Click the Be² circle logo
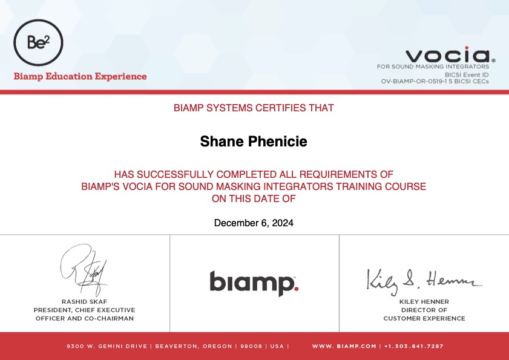click(38, 42)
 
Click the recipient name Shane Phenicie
click(254, 141)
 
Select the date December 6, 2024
click(254, 223)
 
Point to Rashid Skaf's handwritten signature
click(84, 269)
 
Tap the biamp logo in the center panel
click(254, 283)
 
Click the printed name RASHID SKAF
click(84, 302)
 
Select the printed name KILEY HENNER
click(424, 302)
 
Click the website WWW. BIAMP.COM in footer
click(344, 346)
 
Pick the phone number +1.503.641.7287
click(413, 346)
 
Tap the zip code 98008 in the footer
click(251, 346)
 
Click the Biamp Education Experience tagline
click(80, 77)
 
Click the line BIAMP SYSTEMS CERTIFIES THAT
click(254, 108)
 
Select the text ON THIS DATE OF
click(254, 198)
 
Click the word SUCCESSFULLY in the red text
click(176, 175)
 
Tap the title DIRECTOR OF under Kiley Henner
click(424, 310)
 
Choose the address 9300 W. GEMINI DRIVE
click(107, 346)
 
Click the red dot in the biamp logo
click(296, 288)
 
